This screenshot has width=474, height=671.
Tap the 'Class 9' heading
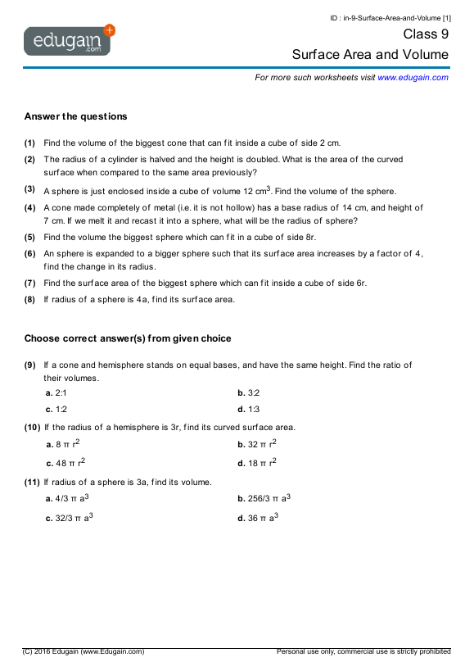coord(426,34)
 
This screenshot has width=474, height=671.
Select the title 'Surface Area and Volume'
coord(370,55)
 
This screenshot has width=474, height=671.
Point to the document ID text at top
coord(390,17)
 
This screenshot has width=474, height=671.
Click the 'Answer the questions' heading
coord(75,116)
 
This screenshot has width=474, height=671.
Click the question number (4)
coord(29,208)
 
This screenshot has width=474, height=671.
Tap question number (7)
coord(29,283)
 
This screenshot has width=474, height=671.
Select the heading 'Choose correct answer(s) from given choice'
coord(128,338)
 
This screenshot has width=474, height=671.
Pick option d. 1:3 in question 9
coord(248,409)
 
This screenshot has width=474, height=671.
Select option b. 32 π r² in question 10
coord(256,444)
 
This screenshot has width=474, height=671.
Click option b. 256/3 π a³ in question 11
coord(264,498)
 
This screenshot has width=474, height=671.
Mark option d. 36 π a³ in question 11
coord(257,518)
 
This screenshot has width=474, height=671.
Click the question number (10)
coord(32,427)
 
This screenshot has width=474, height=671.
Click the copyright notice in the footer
coord(84,651)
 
